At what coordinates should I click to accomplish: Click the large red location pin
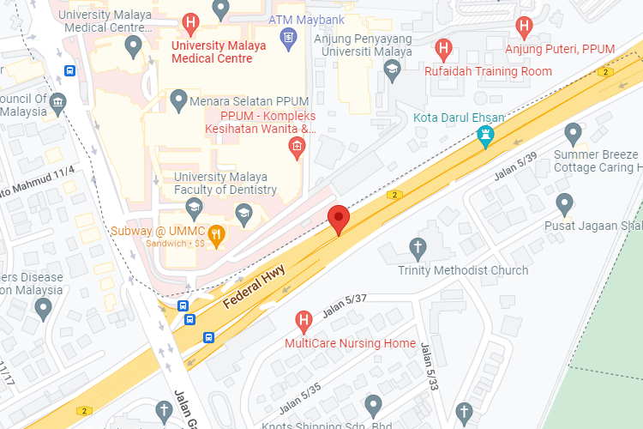[339, 219]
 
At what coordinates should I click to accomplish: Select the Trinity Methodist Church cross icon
[418, 247]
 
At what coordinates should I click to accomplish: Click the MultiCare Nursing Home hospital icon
[303, 322]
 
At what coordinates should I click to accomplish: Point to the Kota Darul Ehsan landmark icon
[486, 136]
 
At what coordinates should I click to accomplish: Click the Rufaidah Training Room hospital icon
[443, 48]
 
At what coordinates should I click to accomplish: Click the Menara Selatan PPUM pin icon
[178, 100]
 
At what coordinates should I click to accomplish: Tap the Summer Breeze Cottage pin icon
[574, 133]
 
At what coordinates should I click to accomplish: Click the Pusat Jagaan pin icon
[564, 204]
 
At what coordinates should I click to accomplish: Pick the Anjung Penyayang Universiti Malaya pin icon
[393, 73]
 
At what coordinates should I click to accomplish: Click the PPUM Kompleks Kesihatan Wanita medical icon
[297, 148]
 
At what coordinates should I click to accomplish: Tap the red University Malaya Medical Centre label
[218, 52]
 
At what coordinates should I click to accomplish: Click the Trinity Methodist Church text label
[463, 270]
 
